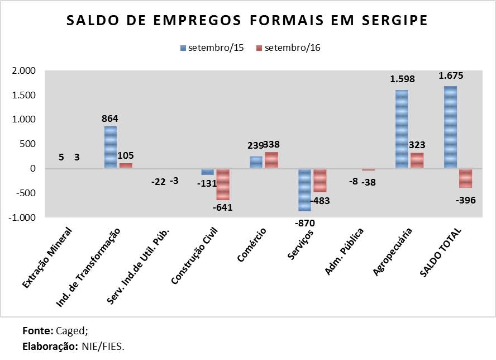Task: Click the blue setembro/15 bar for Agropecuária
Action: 402,129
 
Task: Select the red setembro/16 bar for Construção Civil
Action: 223,184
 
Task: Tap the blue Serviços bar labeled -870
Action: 304,190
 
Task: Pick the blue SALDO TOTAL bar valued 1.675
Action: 450,127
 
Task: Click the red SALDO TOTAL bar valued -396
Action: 465,178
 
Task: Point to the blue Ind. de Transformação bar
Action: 111,147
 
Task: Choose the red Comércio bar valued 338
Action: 271,160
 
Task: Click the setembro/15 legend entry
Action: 212,48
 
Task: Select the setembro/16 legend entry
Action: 288,48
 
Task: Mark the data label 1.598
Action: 402,79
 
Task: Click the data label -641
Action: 222,207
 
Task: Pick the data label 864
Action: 110,119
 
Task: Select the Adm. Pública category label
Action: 345,252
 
